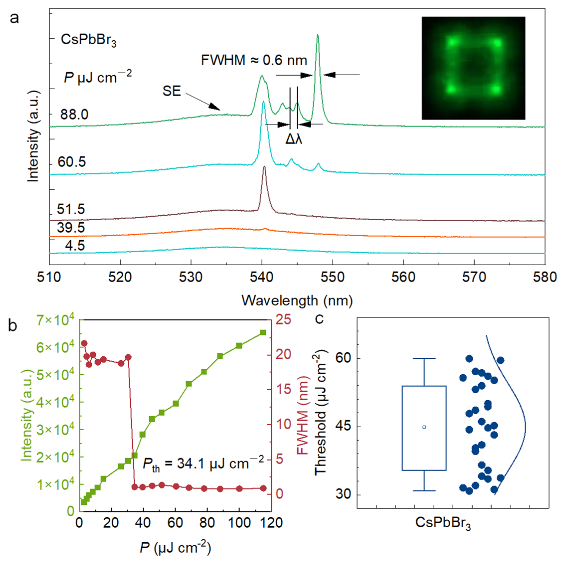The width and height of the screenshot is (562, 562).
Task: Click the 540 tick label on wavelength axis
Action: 262,277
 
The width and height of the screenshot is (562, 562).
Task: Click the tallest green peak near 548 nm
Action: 318,35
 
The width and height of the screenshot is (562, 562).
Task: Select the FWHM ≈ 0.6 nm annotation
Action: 254,61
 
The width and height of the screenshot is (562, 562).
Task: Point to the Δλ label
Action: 294,140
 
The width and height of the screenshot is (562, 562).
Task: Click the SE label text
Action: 172,91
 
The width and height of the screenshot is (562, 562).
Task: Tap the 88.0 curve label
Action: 74,115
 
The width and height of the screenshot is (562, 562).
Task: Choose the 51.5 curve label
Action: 71,209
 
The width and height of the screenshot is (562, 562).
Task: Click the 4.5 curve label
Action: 75,246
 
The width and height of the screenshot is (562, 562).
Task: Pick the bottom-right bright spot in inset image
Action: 496,89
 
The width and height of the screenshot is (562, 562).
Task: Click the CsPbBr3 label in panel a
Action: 88,40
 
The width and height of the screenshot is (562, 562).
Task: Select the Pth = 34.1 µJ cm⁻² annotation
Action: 203,463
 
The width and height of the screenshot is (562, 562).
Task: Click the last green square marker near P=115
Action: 263,332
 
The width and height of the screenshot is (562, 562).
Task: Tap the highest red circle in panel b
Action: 84,343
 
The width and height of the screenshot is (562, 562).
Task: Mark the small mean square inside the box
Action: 424,427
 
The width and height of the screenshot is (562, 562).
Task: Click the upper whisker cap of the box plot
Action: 424,359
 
